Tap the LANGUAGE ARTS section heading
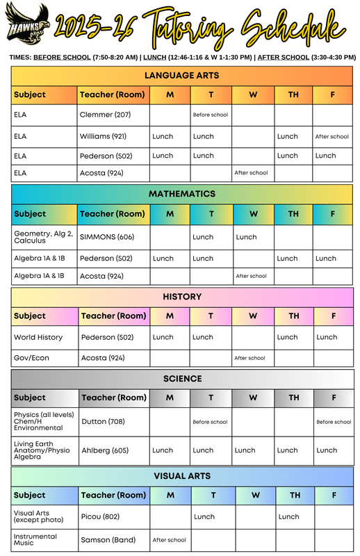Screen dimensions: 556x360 point(181,75)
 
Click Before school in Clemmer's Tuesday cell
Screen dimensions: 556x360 point(210,114)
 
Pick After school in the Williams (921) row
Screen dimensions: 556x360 point(332,137)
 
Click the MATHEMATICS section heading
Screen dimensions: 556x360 point(181,194)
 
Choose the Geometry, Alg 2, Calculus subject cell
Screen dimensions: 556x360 point(43,237)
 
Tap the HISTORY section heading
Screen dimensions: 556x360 point(181,297)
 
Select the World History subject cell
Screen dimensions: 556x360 point(38,337)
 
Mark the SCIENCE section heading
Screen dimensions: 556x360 point(181,379)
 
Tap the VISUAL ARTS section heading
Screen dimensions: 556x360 point(181,476)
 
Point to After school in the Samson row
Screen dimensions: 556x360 point(169,540)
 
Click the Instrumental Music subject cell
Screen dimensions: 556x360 point(35,540)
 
